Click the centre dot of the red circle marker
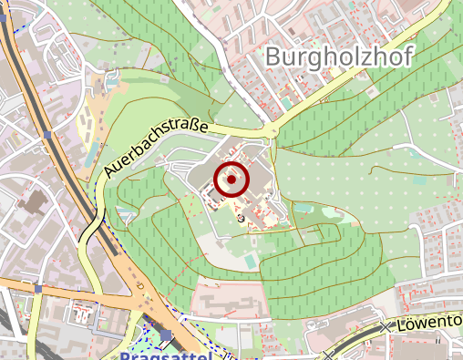(231, 180)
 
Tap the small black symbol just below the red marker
(241, 217)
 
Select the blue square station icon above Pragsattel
(165, 335)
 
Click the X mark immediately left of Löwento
(386, 325)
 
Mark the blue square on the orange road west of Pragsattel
(37, 289)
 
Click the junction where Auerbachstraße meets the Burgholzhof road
(273, 133)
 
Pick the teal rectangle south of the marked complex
(250, 261)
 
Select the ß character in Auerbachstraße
(196, 128)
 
